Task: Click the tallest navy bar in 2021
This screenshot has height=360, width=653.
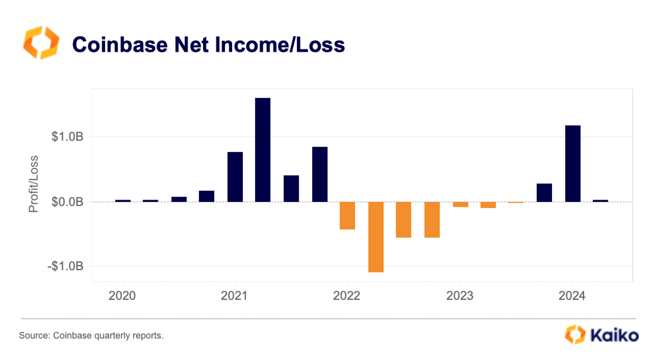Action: [262, 150]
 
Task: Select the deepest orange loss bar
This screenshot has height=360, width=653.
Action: [376, 236]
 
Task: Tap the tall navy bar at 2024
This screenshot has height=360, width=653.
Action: [572, 163]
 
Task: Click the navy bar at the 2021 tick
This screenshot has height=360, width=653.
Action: [235, 177]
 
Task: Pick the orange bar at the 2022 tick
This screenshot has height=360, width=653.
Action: [347, 216]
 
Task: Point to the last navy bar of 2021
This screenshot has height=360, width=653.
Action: [320, 174]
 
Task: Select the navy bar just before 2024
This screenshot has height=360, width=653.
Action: [544, 192]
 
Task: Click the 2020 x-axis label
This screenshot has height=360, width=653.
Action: [123, 295]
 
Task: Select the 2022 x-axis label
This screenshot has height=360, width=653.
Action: [347, 295]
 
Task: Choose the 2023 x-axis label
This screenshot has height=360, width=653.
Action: [459, 295]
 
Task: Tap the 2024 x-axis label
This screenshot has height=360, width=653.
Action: [572, 295]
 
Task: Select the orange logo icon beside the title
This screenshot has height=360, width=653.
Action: [41, 43]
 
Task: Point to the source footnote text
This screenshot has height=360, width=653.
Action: [91, 336]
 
